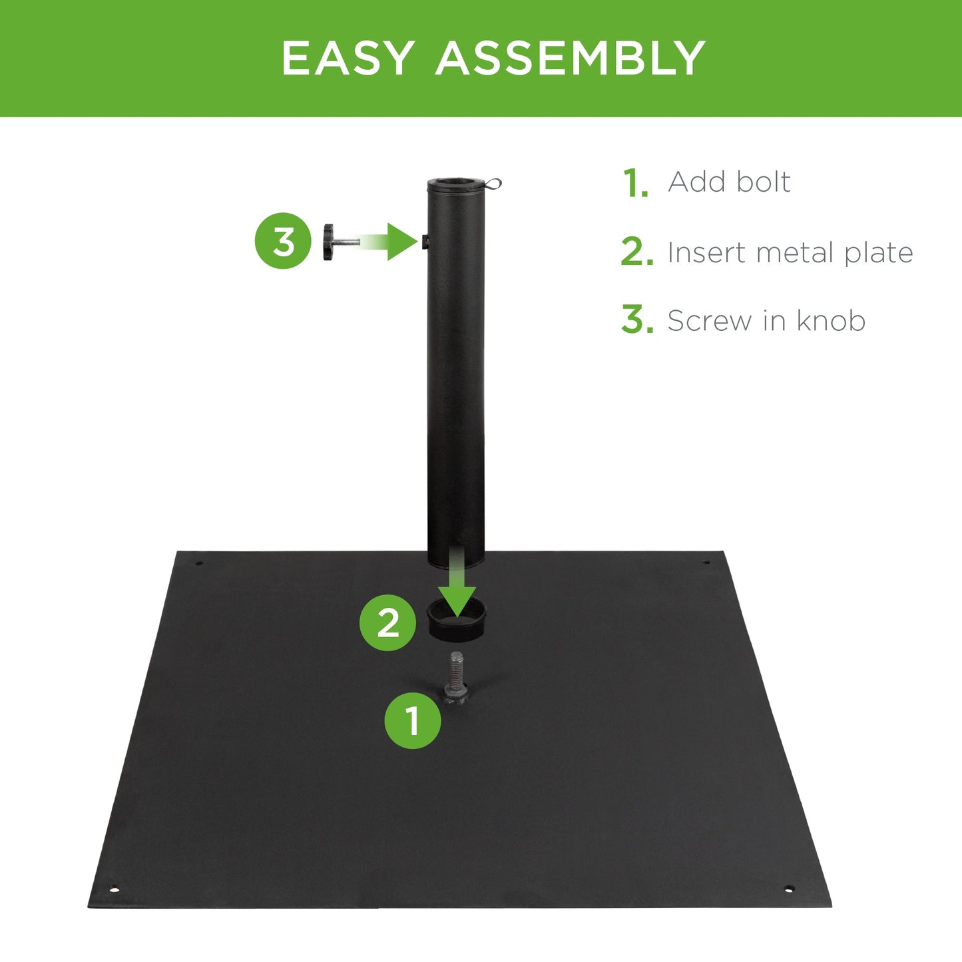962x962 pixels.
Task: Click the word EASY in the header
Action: coord(348,59)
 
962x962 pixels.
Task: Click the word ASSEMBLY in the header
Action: coord(571,59)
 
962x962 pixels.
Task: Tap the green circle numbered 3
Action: coord(283,241)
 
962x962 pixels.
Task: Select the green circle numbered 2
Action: coord(388,623)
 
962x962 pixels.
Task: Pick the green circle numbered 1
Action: coord(413,720)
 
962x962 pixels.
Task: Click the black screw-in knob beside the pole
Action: coord(330,242)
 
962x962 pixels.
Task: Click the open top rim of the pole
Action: coord(457,184)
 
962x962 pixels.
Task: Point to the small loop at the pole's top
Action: coord(493,182)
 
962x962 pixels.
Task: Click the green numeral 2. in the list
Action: coord(636,253)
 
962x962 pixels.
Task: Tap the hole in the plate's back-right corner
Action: coord(706,563)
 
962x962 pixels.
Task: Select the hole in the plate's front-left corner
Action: coord(114,889)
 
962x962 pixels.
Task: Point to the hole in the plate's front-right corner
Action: coord(789,889)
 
